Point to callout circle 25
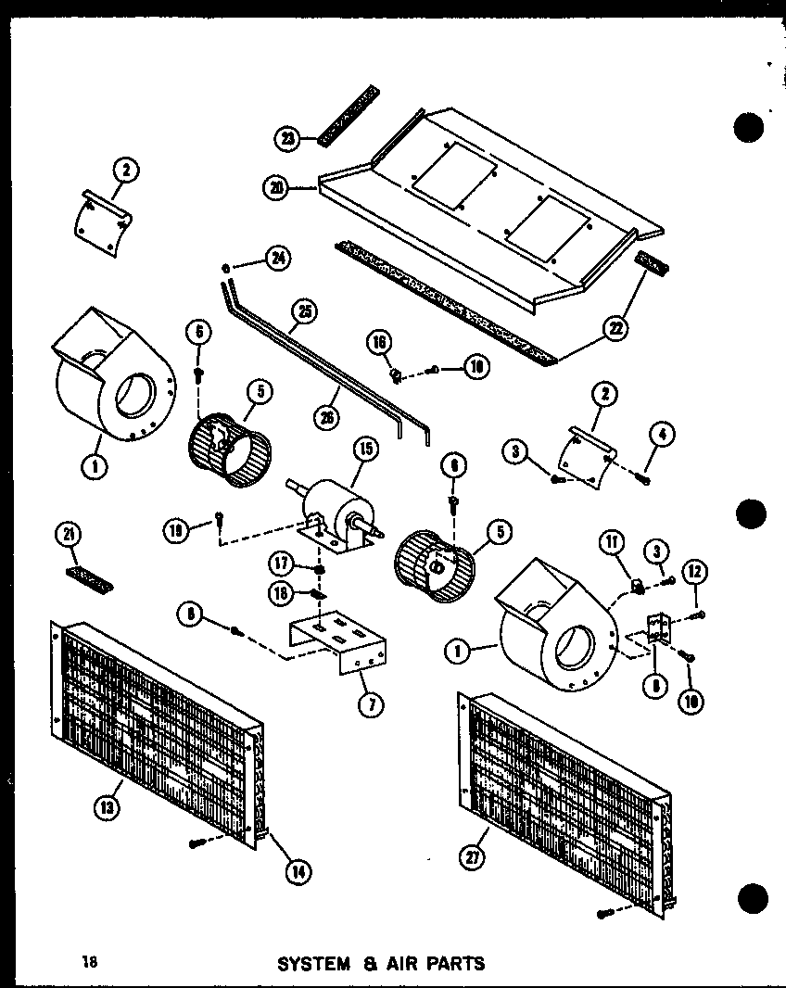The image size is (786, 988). [301, 313]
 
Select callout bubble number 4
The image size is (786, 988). [665, 433]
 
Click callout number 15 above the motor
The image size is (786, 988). [366, 450]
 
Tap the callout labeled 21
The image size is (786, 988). [70, 534]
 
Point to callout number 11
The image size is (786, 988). [612, 543]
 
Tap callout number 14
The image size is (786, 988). [298, 870]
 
